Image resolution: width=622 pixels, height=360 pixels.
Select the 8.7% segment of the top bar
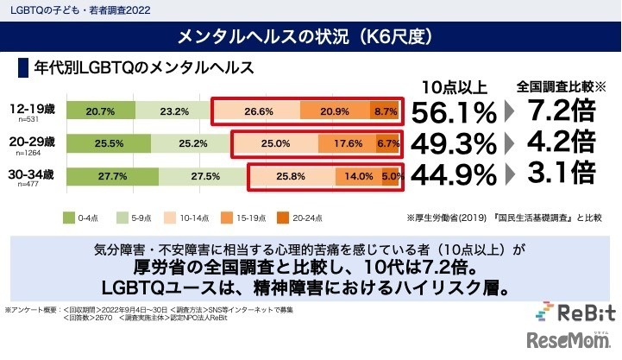[x=385, y=111]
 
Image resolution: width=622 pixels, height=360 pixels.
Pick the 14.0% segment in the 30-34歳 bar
[x=359, y=175]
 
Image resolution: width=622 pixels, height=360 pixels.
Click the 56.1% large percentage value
[x=454, y=112]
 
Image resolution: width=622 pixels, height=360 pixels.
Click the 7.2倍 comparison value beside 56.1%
[x=559, y=111]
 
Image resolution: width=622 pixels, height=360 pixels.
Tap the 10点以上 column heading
[x=455, y=86]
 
